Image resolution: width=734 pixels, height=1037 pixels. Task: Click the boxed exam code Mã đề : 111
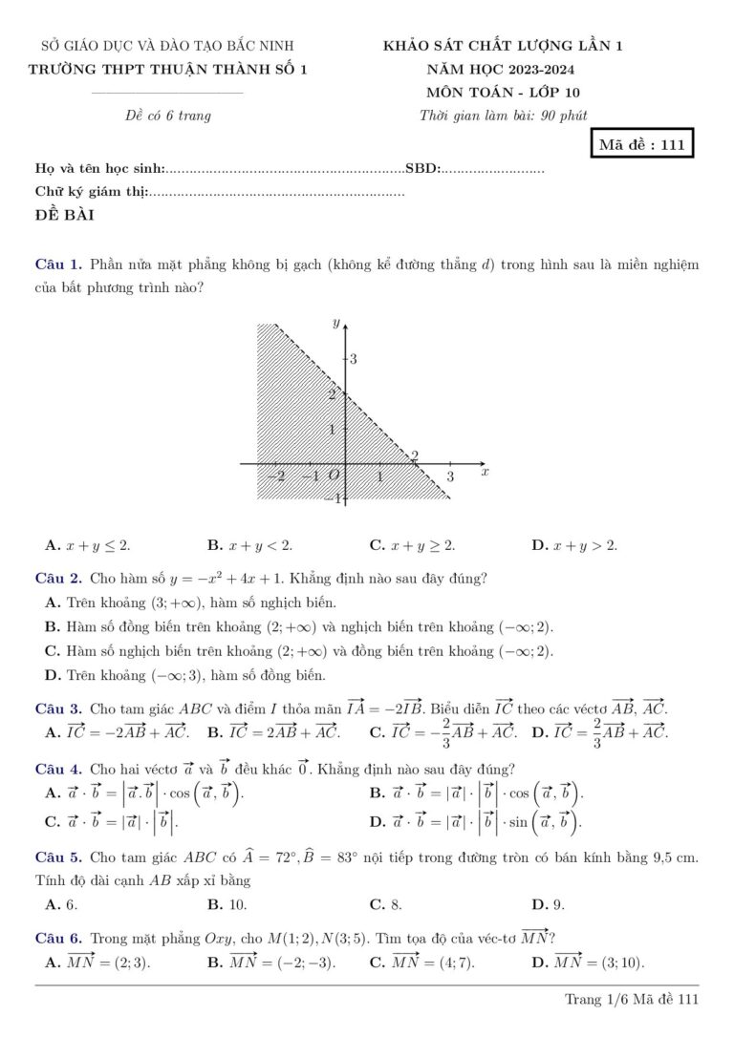[641, 145]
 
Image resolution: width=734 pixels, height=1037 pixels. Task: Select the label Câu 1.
[58, 264]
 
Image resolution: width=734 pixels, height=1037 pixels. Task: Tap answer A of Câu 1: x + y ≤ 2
[88, 546]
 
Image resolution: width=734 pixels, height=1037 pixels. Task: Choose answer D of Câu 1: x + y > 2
[574, 546]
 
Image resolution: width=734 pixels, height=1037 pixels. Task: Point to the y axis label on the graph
[335, 323]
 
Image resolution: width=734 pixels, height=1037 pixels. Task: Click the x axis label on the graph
[484, 472]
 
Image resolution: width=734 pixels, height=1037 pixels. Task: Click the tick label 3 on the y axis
[354, 360]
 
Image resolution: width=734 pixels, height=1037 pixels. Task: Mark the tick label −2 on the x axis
[275, 476]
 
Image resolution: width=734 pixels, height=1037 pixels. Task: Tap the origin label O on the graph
[334, 476]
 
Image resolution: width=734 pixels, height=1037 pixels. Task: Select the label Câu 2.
[58, 578]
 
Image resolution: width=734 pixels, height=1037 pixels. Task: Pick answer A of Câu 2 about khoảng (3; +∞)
[191, 603]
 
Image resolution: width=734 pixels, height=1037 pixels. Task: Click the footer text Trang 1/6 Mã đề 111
[632, 999]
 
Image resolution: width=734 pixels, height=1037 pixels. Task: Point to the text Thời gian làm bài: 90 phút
[504, 116]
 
